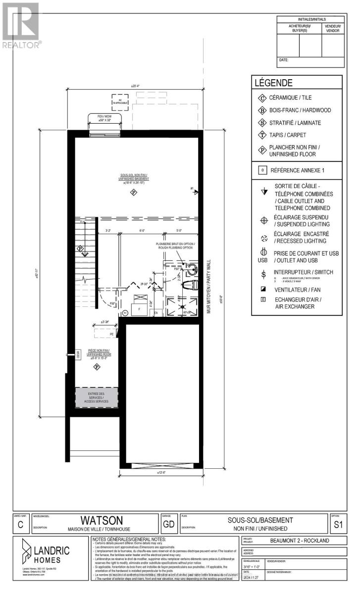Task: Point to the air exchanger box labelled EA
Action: pyautogui.click(x=155, y=313)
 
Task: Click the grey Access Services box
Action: pyautogui.click(x=97, y=397)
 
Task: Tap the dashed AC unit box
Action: pyautogui.click(x=120, y=101)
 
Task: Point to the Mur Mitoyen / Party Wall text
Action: pyautogui.click(x=209, y=287)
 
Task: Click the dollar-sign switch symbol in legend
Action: pyautogui.click(x=263, y=274)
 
